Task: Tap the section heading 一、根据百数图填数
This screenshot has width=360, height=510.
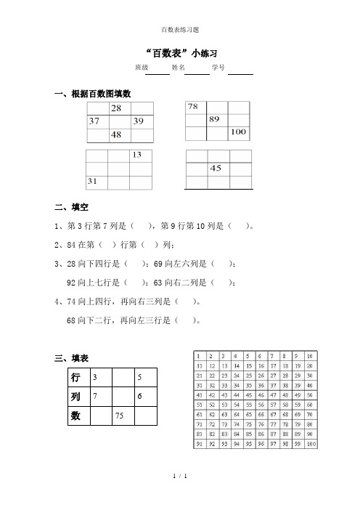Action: (93, 94)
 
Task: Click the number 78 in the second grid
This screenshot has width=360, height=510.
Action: (193, 107)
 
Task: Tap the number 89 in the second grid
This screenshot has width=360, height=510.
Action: (215, 120)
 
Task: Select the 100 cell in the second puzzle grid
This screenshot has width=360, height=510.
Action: (238, 133)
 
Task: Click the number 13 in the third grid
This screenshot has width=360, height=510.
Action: (137, 155)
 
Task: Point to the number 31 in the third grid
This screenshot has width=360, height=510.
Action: (94, 181)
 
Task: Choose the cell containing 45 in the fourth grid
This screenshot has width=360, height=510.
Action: (216, 169)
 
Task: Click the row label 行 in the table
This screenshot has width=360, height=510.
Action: (75, 378)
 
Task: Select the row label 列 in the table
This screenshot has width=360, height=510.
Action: (75, 397)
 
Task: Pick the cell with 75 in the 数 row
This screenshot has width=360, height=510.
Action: (120, 416)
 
